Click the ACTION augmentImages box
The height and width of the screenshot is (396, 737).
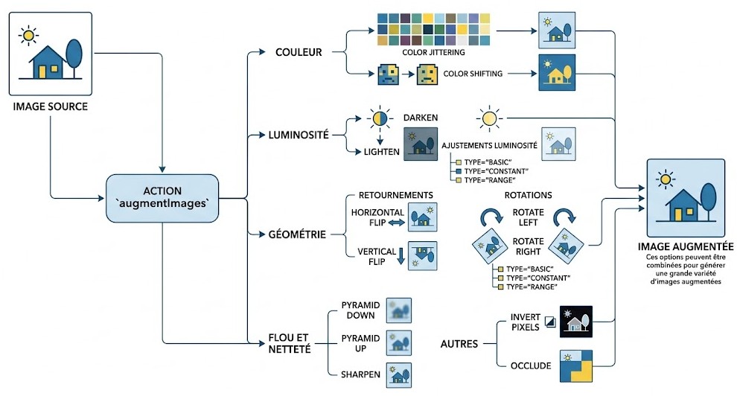(x=162, y=198)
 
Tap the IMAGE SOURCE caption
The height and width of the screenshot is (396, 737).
(x=51, y=106)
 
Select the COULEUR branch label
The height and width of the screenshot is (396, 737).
(x=299, y=52)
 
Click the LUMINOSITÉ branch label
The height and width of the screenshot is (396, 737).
(x=299, y=135)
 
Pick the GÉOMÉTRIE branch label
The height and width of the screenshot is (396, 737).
(x=297, y=234)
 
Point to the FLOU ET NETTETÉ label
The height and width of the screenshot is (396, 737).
(x=290, y=343)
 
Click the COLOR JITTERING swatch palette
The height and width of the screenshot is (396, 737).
(x=433, y=30)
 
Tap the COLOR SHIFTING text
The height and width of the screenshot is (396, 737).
(x=473, y=74)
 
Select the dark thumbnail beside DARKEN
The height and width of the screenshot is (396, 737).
(x=421, y=144)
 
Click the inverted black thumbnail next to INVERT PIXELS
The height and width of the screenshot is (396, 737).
(x=576, y=322)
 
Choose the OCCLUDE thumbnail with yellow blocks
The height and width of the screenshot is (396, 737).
(x=576, y=366)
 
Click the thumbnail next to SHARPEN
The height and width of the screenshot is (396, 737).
(x=399, y=375)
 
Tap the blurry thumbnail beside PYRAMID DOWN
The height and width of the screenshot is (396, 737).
(x=399, y=310)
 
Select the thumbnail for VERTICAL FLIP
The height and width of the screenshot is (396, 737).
(x=423, y=255)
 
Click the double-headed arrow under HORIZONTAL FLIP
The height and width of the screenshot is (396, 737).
(x=396, y=223)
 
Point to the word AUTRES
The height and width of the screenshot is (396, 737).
(x=459, y=344)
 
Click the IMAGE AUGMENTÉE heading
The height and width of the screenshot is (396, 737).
(x=686, y=246)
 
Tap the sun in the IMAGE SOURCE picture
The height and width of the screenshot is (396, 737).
(x=29, y=35)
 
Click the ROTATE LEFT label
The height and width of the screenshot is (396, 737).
(x=528, y=217)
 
